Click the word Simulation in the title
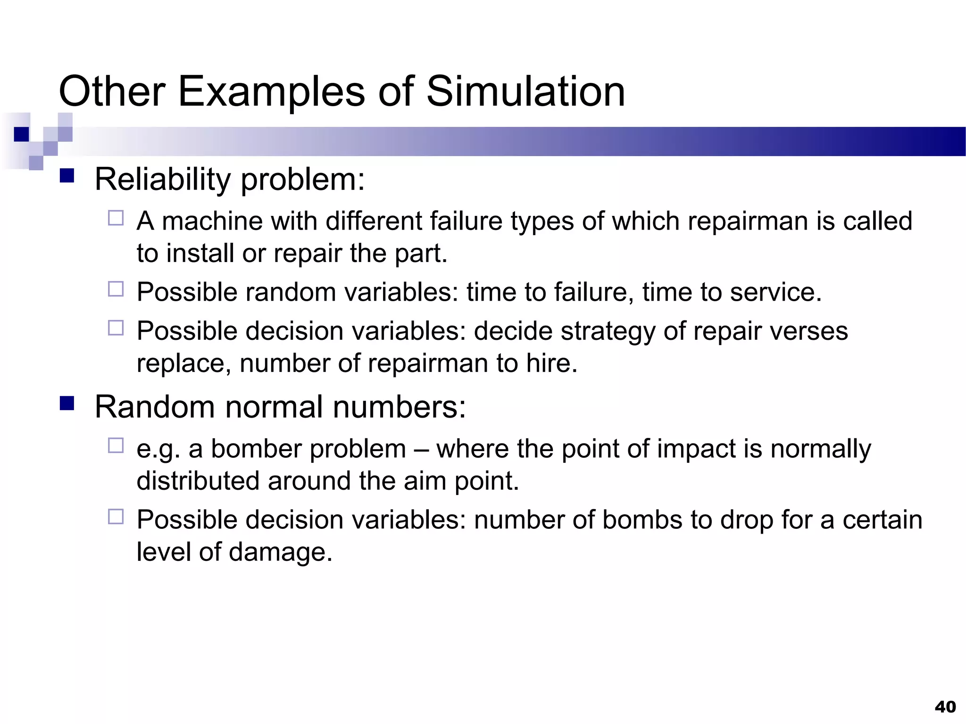(x=525, y=91)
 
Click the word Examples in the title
(x=271, y=91)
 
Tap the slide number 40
(x=945, y=707)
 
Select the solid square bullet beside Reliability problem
(x=67, y=176)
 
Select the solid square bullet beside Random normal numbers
(x=67, y=403)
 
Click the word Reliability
(x=163, y=179)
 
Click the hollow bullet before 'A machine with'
(x=116, y=218)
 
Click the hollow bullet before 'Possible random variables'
(x=116, y=289)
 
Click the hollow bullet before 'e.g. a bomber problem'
(x=116, y=445)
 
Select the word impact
(x=696, y=448)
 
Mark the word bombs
(x=642, y=520)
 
